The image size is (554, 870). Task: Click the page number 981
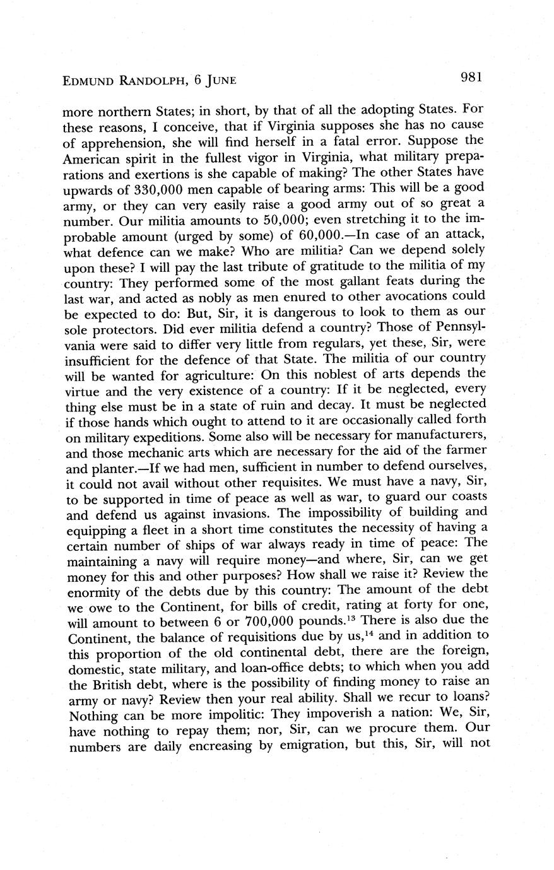coord(471,78)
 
